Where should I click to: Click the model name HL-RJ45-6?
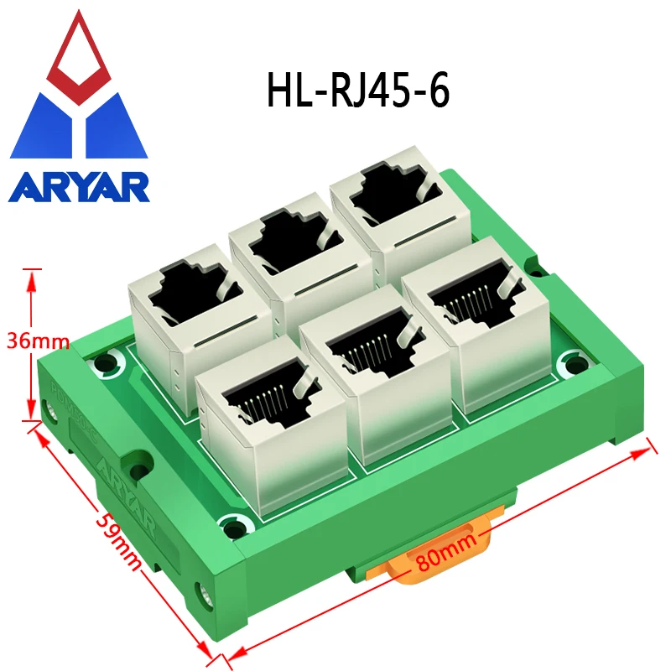tap(358, 91)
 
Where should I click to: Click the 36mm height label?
tap(37, 341)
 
